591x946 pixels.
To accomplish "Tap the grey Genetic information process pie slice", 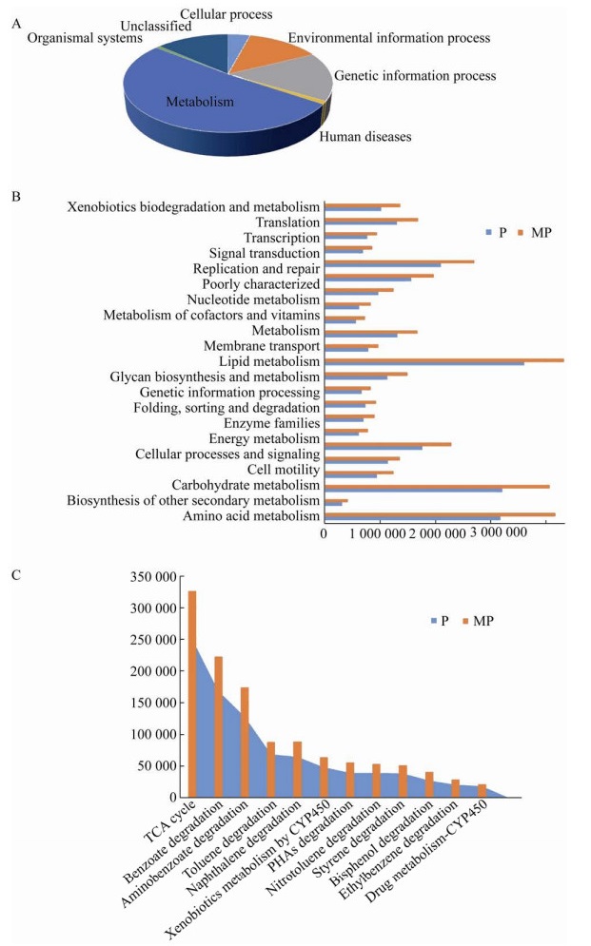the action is tap(289, 78).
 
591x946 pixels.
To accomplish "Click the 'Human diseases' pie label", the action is tap(365, 137).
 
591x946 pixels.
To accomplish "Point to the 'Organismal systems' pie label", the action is tap(85, 39).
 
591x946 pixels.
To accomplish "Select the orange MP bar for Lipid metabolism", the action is tap(444, 360).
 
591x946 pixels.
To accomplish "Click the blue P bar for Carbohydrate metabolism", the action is tap(414, 490).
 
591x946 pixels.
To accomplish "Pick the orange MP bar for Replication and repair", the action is tap(400, 261).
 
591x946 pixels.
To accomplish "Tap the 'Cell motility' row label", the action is tap(283, 470).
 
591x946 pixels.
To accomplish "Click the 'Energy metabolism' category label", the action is tap(264, 438).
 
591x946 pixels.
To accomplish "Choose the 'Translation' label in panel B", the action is tap(287, 222).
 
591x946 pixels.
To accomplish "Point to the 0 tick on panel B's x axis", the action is tap(324, 533).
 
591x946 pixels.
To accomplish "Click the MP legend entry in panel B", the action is tap(536, 233).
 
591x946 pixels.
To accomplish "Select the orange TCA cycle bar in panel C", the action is tap(192, 694).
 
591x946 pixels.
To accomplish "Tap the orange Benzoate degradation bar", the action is tap(219, 727).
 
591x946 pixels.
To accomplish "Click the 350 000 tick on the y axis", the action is tap(153, 577).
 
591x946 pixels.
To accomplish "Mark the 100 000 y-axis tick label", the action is tap(153, 734).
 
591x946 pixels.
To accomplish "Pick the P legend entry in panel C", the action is tap(440, 621).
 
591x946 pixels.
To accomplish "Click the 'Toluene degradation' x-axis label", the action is tap(229, 840).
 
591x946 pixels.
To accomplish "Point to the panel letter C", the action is tap(16, 575).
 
